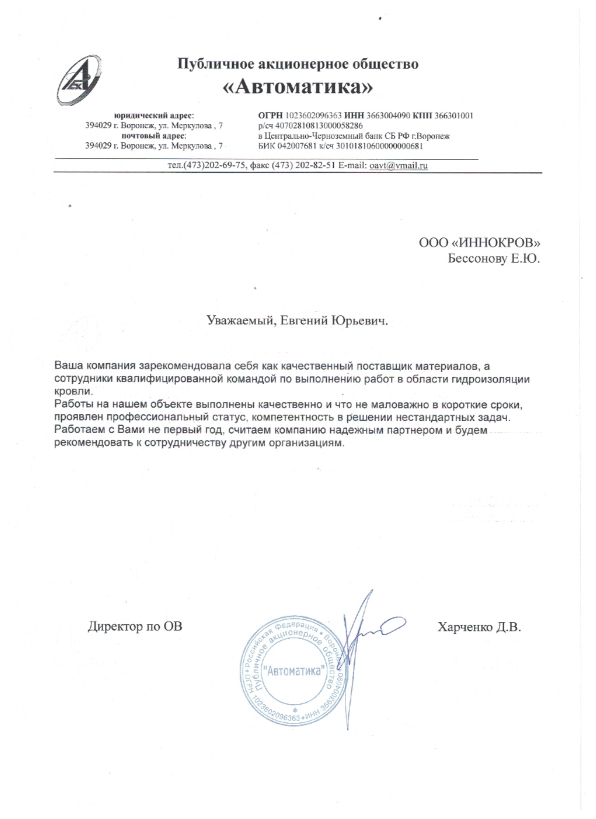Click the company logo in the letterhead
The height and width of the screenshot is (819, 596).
coord(79,80)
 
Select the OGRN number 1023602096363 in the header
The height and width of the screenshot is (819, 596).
coord(313,116)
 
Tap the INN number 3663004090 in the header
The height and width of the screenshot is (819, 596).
coord(388,116)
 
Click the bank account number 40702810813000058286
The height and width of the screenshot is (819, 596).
coord(319,126)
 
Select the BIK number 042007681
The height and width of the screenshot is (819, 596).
coord(293,146)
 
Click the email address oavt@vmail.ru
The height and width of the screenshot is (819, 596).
coord(398,165)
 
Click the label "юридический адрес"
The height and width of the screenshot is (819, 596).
coord(154,116)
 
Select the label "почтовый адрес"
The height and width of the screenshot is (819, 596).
coord(154,136)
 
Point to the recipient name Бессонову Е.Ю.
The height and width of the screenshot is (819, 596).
coord(494,259)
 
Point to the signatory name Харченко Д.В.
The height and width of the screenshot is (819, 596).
coord(479,627)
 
